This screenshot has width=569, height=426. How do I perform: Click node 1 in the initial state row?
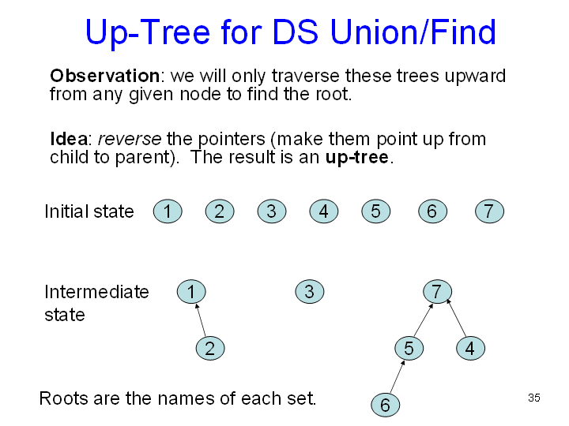click(x=168, y=211)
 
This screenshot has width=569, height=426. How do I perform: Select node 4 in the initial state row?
click(x=323, y=211)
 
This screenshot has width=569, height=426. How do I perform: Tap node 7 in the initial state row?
click(x=489, y=211)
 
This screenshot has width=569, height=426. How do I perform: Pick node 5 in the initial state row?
click(x=375, y=211)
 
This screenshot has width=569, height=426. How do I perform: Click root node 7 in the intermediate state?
click(x=436, y=292)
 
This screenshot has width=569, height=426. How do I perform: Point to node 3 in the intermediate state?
click(x=309, y=292)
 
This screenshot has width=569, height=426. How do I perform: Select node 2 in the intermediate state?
click(x=209, y=348)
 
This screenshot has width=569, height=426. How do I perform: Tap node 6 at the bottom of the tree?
click(x=385, y=405)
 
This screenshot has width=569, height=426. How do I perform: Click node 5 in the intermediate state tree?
click(x=409, y=348)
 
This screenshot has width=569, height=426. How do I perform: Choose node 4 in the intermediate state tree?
click(x=470, y=348)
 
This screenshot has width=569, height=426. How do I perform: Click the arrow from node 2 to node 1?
click(x=201, y=320)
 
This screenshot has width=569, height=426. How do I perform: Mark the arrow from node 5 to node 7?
click(x=423, y=319)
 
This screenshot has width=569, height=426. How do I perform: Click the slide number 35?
click(x=534, y=398)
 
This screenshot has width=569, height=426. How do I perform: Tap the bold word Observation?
click(x=104, y=76)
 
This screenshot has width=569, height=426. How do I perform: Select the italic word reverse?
click(x=129, y=139)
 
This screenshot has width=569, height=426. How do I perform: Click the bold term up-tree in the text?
click(x=356, y=156)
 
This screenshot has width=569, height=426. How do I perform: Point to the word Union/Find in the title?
click(x=410, y=32)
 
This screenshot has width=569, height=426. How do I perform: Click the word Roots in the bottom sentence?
click(x=63, y=398)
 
